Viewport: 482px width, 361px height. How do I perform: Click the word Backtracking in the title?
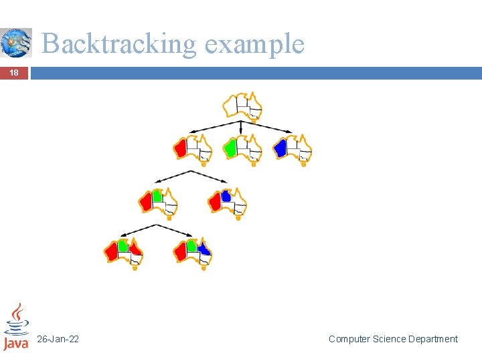pos(119,44)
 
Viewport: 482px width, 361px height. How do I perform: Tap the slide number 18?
pos(14,73)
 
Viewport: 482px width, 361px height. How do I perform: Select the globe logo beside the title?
pos(16,43)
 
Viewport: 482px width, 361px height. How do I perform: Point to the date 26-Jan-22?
pos(58,339)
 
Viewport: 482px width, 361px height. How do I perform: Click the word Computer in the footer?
pos(350,339)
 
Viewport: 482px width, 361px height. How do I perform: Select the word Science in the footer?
pos(392,339)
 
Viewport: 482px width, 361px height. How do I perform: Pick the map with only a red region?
pos(192,148)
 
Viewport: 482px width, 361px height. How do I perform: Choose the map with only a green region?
pos(242,148)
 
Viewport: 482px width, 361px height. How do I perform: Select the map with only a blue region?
pos(293,148)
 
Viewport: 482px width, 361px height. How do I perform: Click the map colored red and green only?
pos(158,202)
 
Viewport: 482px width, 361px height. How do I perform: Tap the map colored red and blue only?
pos(227,202)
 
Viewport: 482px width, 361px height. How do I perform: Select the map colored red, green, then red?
pos(124,253)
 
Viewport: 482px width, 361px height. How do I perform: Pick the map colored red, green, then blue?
pos(193,253)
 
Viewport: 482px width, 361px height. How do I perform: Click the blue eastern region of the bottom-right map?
pos(204,249)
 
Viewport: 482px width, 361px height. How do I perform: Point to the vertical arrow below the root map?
pos(241,128)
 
